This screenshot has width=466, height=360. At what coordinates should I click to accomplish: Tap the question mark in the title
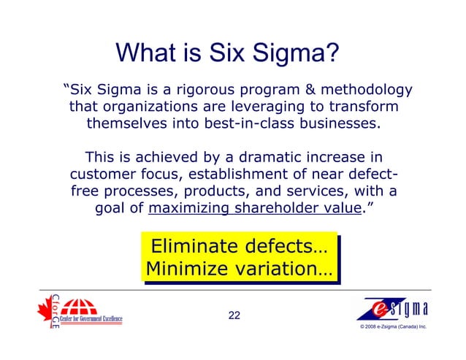331,53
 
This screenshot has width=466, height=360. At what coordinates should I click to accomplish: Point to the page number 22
234,315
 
